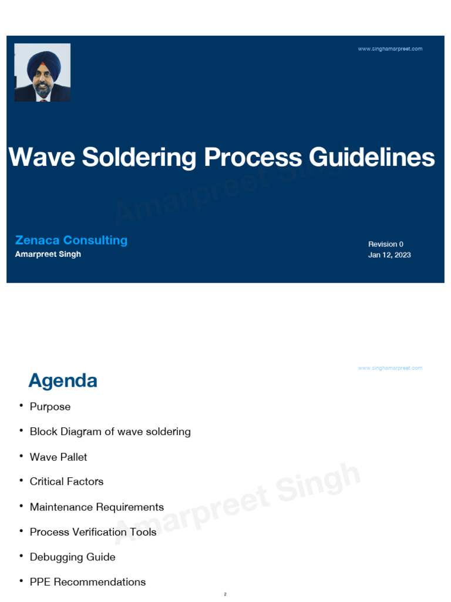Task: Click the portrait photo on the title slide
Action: [42, 73]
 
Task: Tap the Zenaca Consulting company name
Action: [71, 240]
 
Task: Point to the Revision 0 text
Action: [386, 244]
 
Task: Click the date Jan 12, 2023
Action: [389, 255]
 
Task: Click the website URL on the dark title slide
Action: [390, 49]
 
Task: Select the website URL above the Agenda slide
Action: [390, 368]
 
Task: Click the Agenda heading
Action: [63, 381]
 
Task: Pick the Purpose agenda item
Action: [50, 407]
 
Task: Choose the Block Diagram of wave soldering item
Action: [110, 432]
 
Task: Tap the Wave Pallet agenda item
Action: [59, 457]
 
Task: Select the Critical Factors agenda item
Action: [66, 481]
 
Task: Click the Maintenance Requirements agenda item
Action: [97, 507]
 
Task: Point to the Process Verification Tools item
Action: [93, 532]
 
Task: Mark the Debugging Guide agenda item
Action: [73, 557]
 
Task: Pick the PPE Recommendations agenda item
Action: [88, 582]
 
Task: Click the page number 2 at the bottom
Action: [225, 594]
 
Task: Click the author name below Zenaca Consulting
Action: [48, 255]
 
